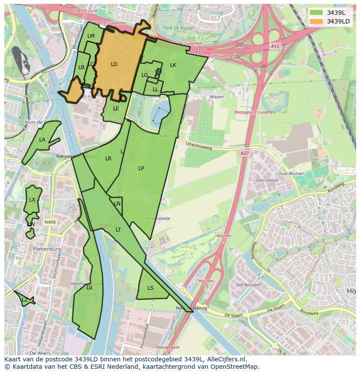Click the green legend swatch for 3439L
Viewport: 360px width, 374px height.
click(317, 13)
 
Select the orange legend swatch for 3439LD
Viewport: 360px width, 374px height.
click(317, 21)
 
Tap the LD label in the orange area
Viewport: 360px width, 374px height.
click(114, 64)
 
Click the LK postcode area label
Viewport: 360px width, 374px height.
click(173, 65)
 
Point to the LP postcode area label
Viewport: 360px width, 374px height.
click(141, 169)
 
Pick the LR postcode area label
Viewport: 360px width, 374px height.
click(108, 159)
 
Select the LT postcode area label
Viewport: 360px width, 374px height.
click(118, 230)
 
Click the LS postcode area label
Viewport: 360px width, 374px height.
click(150, 288)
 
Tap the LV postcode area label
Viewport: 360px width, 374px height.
click(89, 288)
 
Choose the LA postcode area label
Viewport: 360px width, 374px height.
click(42, 140)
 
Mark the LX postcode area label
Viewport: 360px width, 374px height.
click(32, 200)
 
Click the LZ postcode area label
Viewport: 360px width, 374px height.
click(24, 300)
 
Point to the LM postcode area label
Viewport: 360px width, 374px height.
click(91, 36)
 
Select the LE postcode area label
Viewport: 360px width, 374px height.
click(116, 109)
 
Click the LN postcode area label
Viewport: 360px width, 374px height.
click(117, 204)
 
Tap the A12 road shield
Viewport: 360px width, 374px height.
click(274, 46)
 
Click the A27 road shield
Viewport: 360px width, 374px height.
click(245, 153)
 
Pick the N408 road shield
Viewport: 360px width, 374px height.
click(50, 222)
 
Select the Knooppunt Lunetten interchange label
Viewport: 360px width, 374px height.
click(255, 112)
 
